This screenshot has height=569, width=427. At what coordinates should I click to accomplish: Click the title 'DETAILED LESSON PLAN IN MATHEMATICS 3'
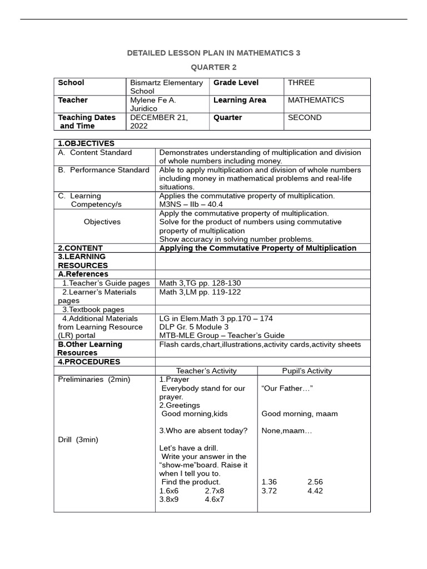213,53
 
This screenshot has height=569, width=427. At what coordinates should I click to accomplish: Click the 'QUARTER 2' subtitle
213,67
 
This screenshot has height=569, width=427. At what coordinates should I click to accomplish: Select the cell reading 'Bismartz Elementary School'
166,87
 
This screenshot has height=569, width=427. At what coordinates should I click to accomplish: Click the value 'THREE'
301,83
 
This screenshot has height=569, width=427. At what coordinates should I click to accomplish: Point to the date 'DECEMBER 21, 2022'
159,122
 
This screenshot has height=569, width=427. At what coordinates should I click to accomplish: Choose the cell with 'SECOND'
304,118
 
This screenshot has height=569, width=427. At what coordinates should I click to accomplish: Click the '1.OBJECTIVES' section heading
86,143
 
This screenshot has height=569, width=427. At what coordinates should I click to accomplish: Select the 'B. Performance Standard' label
103,170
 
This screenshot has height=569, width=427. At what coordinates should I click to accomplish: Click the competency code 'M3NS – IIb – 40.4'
191,204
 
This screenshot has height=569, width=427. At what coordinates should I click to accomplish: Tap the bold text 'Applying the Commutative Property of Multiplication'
257,248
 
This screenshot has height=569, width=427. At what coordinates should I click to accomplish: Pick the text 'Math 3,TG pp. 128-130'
200,283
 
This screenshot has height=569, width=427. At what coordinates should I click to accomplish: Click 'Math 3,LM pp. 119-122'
200,292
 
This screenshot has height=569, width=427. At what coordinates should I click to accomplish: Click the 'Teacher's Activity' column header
206,371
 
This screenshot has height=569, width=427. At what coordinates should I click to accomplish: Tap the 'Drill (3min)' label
78,440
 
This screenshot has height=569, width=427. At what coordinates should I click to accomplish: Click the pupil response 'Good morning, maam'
299,413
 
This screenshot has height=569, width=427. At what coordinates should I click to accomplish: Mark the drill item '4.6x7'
214,499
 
